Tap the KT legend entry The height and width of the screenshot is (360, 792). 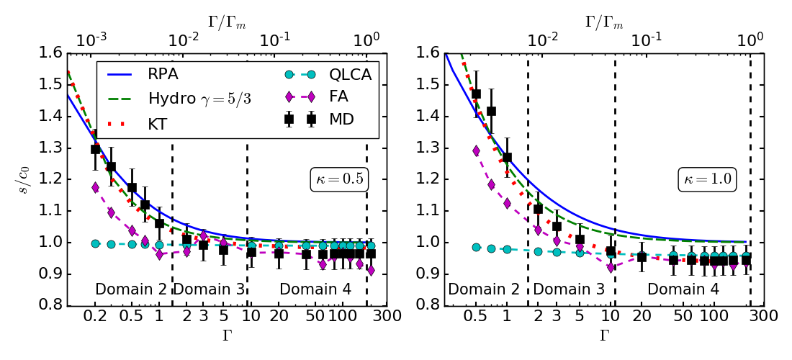[158, 124]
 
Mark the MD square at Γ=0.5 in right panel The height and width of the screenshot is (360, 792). [476, 94]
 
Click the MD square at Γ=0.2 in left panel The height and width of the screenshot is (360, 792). [95, 149]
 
